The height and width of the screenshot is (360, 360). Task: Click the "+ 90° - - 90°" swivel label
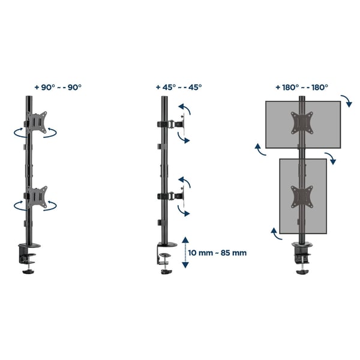coord(58,87)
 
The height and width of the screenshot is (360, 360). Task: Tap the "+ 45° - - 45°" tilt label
coord(179,87)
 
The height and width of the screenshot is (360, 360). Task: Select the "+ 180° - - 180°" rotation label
coord(302,87)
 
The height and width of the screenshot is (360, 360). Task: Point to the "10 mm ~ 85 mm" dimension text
coord(217,253)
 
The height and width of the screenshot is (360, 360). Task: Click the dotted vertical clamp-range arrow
coord(185,253)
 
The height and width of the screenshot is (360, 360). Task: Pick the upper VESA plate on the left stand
coord(37,122)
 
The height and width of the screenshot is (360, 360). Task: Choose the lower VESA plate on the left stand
coord(37,197)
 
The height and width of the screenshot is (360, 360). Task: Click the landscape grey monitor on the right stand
coord(303,124)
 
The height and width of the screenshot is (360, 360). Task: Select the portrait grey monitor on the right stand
coord(303,196)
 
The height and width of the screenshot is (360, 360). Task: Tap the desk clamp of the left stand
coord(28,258)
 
